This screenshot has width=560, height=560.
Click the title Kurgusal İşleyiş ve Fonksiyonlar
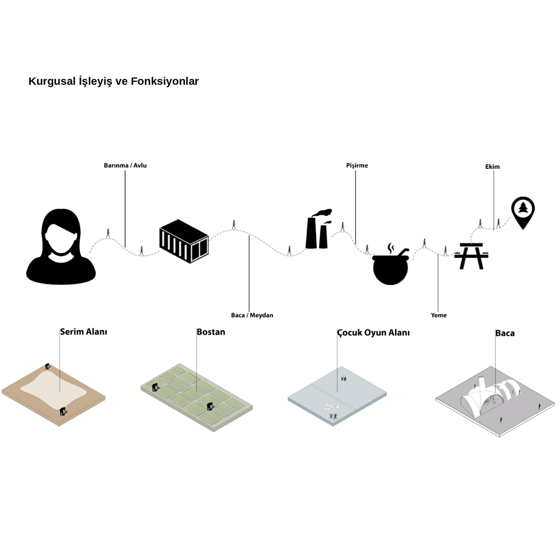(x=113, y=81)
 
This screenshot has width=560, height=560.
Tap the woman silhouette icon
(x=61, y=247)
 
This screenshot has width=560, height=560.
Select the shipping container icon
(x=184, y=241)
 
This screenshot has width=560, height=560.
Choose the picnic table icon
(x=471, y=256)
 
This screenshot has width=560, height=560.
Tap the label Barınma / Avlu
(x=125, y=166)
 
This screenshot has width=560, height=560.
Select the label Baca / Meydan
(x=252, y=315)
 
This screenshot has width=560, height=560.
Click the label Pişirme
(x=357, y=166)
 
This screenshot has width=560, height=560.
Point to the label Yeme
(x=439, y=315)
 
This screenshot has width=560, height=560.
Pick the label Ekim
(x=492, y=167)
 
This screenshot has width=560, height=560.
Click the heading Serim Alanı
(x=84, y=332)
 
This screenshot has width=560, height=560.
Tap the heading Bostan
(x=211, y=332)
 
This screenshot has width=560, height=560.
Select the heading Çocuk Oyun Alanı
(x=373, y=333)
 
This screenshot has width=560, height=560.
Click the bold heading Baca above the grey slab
(x=505, y=333)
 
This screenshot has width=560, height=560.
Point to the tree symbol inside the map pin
(x=523, y=208)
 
